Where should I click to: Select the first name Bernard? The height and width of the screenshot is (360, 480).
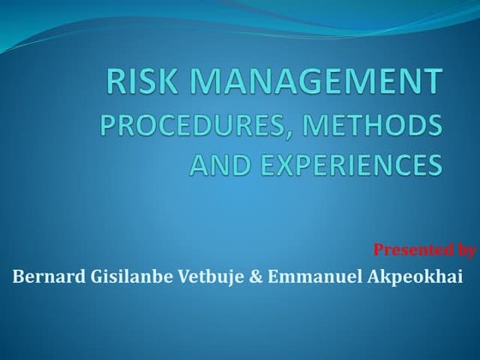pos(44,277)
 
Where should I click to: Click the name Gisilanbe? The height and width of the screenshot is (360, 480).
pos(119,277)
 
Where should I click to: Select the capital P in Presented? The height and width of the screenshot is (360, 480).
pos(379,250)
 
